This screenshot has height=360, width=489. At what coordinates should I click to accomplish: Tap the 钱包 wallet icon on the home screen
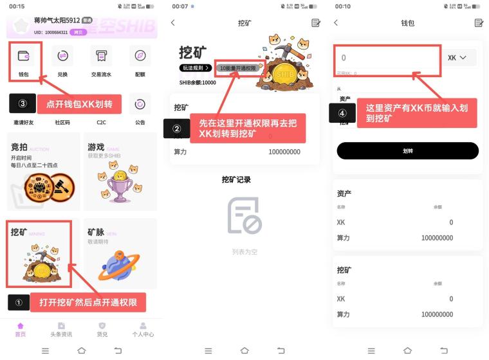tap(24, 56)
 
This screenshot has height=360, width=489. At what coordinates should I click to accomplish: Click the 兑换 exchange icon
tap(62, 56)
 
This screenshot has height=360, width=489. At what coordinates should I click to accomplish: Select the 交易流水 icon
tap(101, 56)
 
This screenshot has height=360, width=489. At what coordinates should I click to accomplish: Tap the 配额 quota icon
tap(140, 56)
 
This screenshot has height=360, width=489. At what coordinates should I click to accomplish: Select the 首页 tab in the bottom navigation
tap(21, 329)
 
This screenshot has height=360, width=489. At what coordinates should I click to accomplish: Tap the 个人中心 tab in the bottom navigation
tap(143, 329)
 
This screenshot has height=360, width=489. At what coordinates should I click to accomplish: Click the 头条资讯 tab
tap(61, 329)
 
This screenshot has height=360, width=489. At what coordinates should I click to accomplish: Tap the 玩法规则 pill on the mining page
tap(195, 67)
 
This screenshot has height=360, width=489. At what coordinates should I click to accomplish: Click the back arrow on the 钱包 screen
tap(336, 23)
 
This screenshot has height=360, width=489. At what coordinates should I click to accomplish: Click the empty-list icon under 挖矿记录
tap(244, 215)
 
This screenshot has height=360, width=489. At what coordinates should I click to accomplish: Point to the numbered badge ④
tap(342, 113)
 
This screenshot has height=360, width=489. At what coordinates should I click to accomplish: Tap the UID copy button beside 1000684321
tap(78, 32)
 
